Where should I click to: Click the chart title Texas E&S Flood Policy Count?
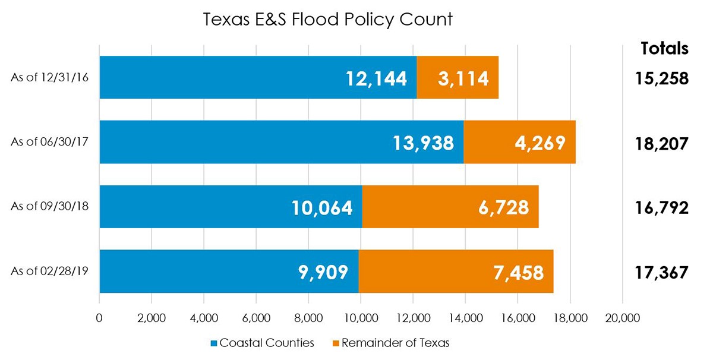tap(327, 19)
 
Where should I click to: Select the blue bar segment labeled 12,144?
tap(258, 77)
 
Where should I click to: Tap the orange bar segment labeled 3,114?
tap(458, 77)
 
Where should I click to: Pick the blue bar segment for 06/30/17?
tap(281, 142)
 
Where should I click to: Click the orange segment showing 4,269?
tap(519, 142)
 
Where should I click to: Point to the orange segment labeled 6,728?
tap(450, 207)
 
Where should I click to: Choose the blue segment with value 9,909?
tap(229, 271)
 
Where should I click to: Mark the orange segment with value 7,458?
tap(456, 271)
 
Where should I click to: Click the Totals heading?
tap(664, 49)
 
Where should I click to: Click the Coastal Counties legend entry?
tap(262, 343)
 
